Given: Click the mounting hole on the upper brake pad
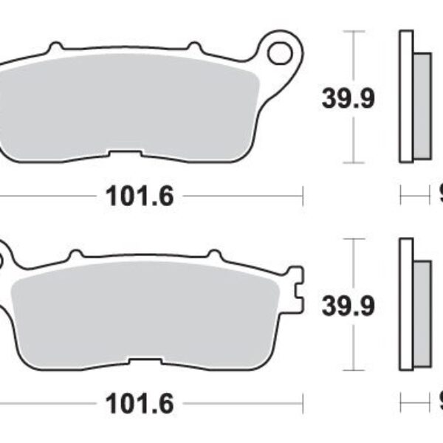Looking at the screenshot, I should [x=280, y=52].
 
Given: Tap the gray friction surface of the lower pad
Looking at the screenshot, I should [x=148, y=310].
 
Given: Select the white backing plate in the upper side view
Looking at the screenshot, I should [x=405, y=96].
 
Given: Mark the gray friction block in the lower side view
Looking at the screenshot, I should [x=421, y=313].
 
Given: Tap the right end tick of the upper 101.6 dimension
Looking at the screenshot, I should [x=303, y=196].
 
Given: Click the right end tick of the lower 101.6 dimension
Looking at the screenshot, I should [x=303, y=404].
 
